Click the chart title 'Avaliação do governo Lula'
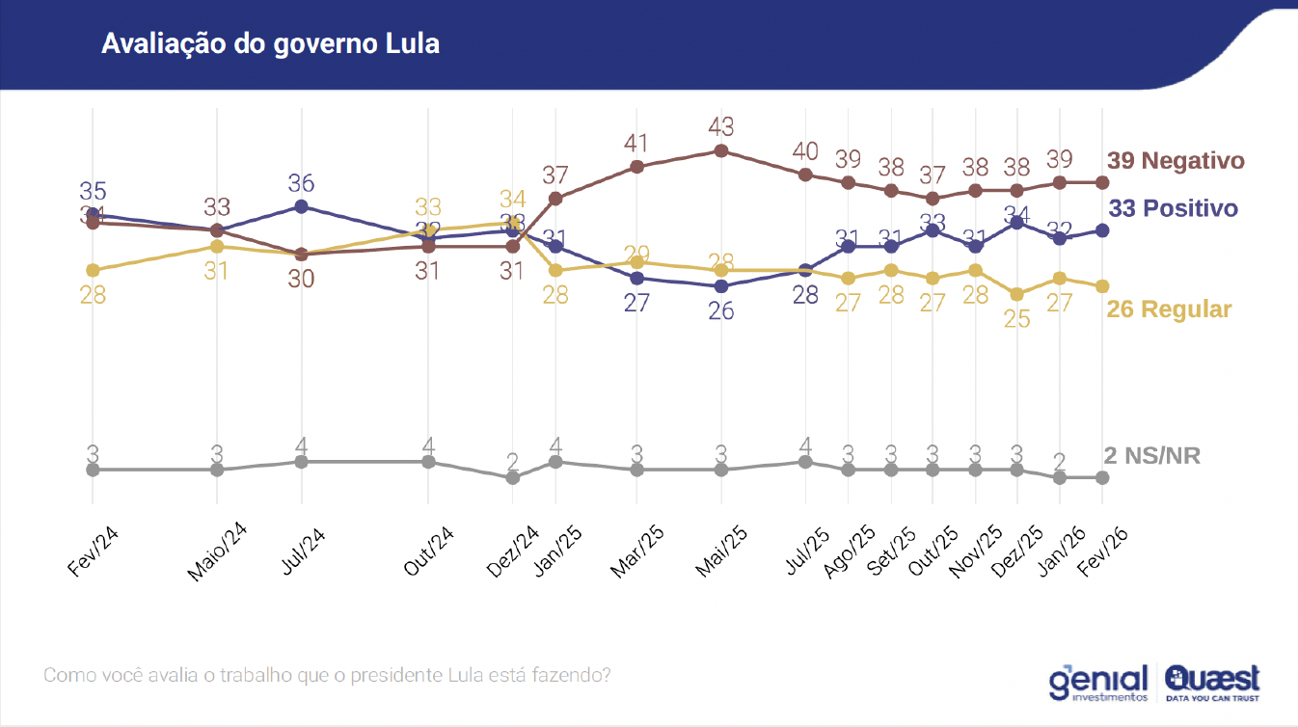270,43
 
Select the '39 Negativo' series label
1176,161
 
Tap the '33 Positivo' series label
1173,208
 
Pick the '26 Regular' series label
1170,310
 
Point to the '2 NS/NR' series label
1152,455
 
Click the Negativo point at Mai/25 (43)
721,150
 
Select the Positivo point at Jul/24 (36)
302,206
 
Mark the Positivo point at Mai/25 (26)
721,286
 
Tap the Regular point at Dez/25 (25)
1017,294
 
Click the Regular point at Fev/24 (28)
93,270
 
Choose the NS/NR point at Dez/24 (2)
513,477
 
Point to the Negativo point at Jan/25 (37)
555,199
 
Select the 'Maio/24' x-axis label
218,555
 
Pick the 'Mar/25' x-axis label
637,552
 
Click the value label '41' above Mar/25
636,144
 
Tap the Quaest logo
1212,682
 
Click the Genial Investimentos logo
1098,682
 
